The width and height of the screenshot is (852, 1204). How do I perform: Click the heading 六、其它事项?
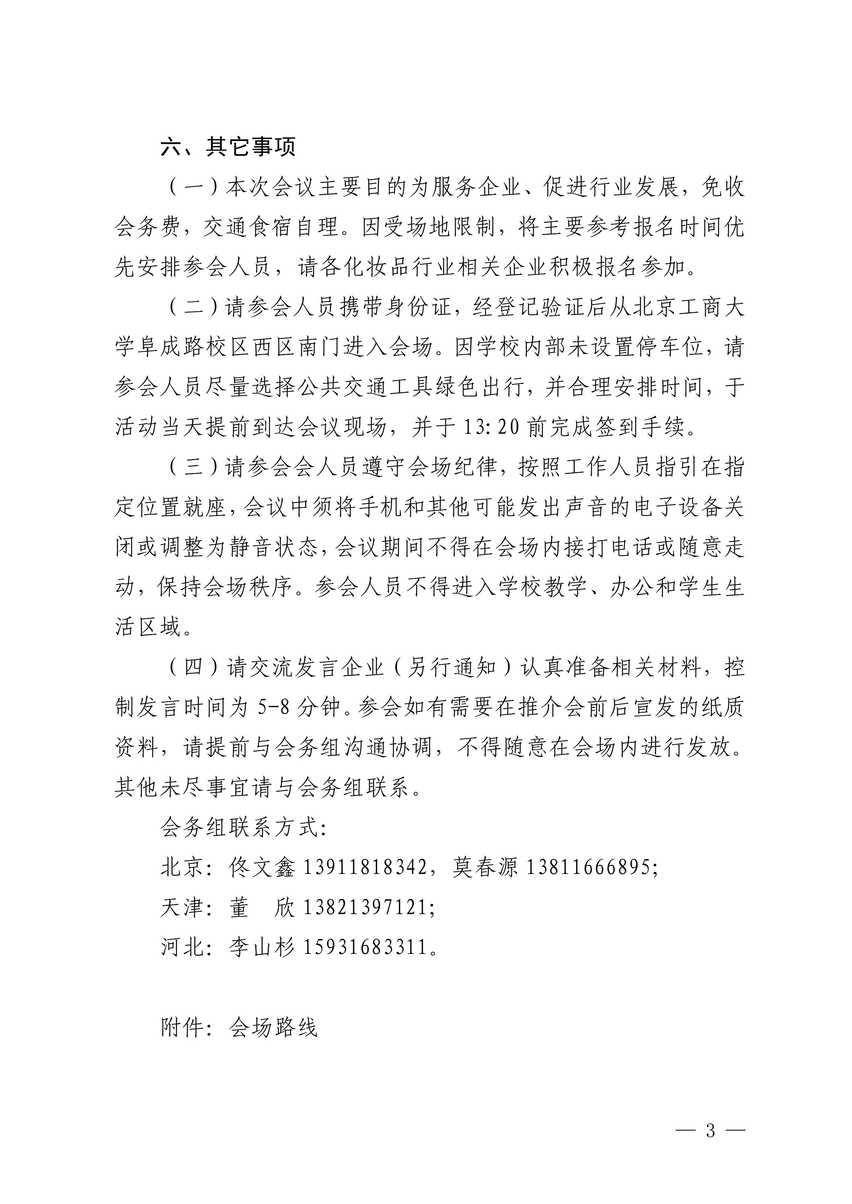228,147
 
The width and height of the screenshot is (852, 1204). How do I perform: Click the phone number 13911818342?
365,867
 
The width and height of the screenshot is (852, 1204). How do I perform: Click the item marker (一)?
194,188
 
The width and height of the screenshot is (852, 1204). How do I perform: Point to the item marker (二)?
194,308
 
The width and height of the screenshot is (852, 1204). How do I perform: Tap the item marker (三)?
194,468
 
